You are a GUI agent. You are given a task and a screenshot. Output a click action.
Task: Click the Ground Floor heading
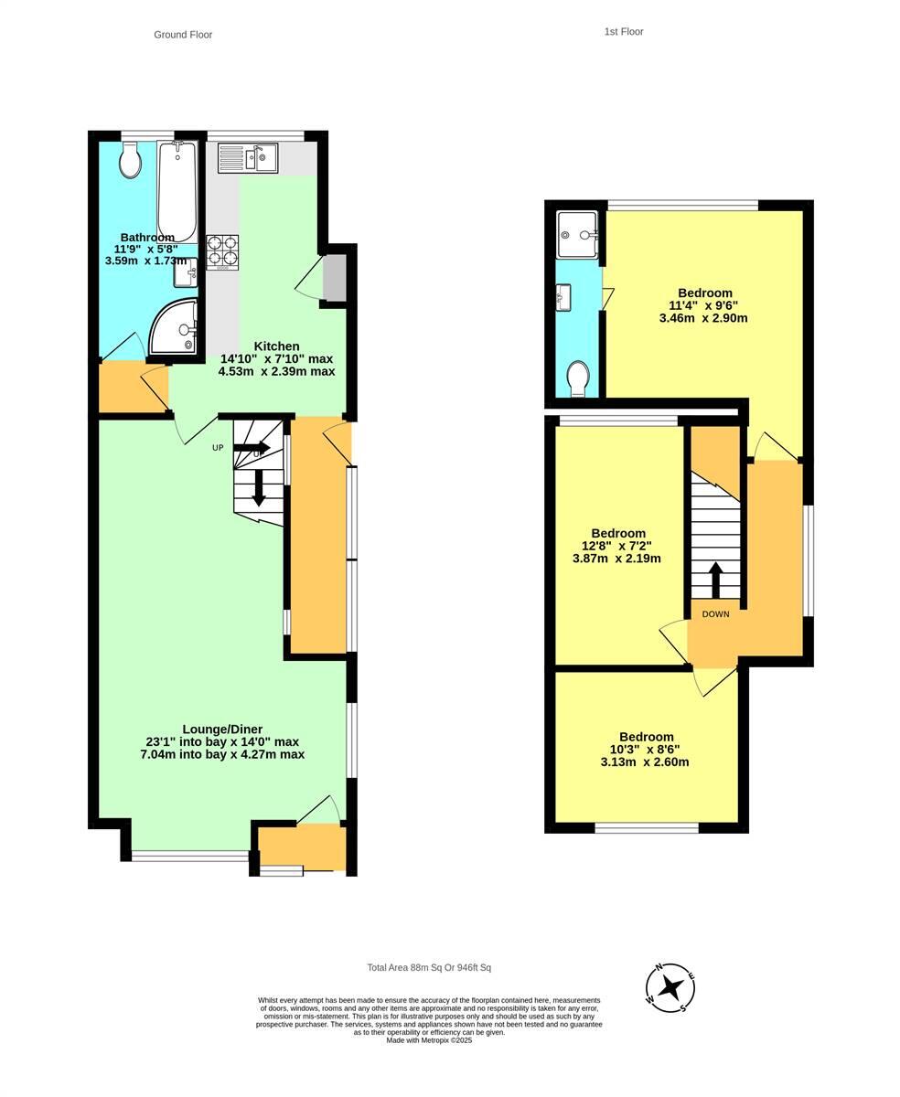[x=183, y=35]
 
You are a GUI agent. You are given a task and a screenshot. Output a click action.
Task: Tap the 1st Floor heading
[x=624, y=32]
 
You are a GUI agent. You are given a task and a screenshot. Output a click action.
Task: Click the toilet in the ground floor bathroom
[x=131, y=163]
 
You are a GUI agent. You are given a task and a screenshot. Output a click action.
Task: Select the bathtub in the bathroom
[x=177, y=192]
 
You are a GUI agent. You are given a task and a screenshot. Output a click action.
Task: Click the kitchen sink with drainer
[x=248, y=158]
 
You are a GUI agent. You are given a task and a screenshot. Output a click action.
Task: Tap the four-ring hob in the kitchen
[x=222, y=251]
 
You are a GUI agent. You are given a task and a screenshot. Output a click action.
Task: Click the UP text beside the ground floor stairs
[x=218, y=448]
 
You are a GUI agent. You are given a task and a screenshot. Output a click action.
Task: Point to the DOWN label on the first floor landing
[x=715, y=614]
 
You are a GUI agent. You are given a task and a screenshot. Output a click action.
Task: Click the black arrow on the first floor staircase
[x=715, y=579]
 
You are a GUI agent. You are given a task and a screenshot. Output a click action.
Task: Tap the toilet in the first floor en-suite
[x=577, y=378]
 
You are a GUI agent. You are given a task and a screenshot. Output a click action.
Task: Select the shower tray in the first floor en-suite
[x=578, y=234]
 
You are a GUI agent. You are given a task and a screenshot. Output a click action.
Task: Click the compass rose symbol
[x=670, y=988]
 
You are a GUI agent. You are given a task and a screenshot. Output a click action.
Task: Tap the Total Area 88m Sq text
[x=429, y=967]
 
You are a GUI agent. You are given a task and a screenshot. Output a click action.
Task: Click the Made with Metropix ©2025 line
[x=429, y=1040]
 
